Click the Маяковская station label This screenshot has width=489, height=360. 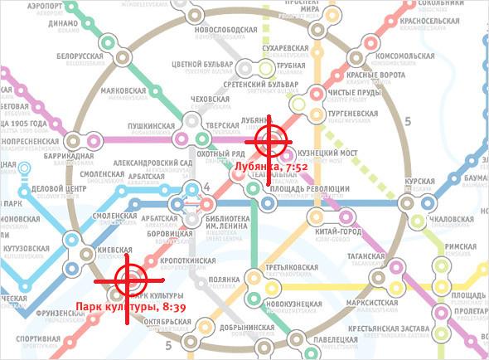(x=122, y=90)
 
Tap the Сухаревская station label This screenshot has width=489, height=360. (x=286, y=49)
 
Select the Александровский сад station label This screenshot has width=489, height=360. (x=148, y=163)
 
